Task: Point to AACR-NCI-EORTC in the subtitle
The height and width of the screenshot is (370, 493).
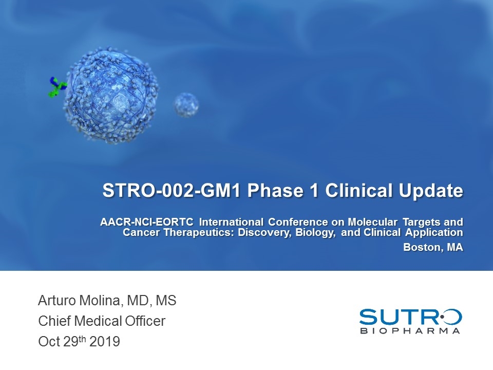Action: pos(146,222)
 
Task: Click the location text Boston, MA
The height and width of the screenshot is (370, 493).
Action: pos(433,247)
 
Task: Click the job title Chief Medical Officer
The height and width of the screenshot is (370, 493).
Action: pos(102,322)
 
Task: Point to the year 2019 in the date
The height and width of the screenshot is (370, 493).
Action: pos(105,341)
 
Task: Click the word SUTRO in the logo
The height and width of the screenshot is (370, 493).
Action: pos(410,317)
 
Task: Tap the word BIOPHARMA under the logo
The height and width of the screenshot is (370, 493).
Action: pos(410,331)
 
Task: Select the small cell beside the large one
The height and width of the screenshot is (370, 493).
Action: pos(186,104)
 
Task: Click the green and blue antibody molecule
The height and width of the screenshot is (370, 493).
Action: pos(57,87)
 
